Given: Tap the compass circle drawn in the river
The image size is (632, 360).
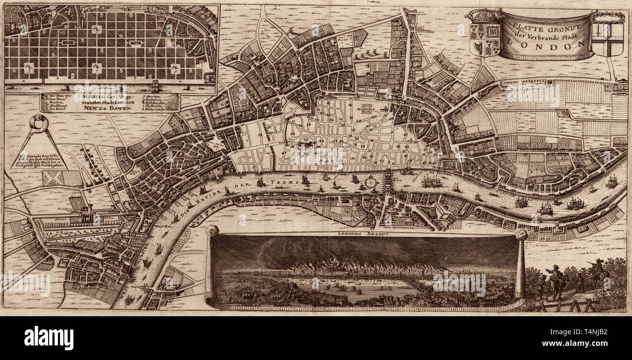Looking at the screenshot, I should tap(372, 182).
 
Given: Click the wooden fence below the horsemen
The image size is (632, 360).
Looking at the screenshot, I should tap(564, 306).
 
